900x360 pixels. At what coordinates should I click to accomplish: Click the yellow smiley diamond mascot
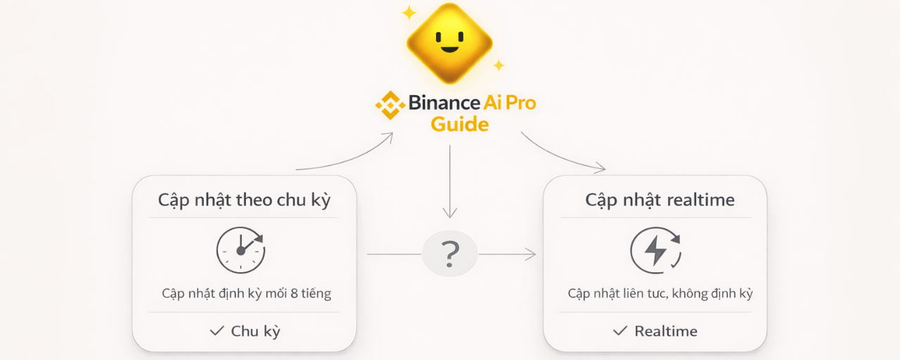click(449, 43)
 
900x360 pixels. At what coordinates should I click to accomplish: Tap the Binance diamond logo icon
click(390, 104)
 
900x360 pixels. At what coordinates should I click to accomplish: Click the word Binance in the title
click(445, 103)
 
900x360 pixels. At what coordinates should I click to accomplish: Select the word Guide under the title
click(459, 124)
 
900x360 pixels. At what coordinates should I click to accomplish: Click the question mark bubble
click(450, 254)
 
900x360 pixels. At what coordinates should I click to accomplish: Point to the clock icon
click(240, 250)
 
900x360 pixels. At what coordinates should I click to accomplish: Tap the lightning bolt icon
click(655, 250)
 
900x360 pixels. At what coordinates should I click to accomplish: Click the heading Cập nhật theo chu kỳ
click(244, 200)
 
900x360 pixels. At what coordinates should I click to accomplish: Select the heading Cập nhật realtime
click(660, 200)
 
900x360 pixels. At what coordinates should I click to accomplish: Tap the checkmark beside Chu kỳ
click(217, 330)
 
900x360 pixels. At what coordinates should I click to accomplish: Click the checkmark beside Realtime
click(619, 330)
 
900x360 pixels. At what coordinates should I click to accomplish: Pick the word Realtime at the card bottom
click(666, 330)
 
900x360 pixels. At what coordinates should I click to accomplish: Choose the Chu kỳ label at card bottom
click(255, 330)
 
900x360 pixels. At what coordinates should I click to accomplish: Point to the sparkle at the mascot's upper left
click(408, 13)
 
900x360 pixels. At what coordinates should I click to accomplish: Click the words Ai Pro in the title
click(510, 103)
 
